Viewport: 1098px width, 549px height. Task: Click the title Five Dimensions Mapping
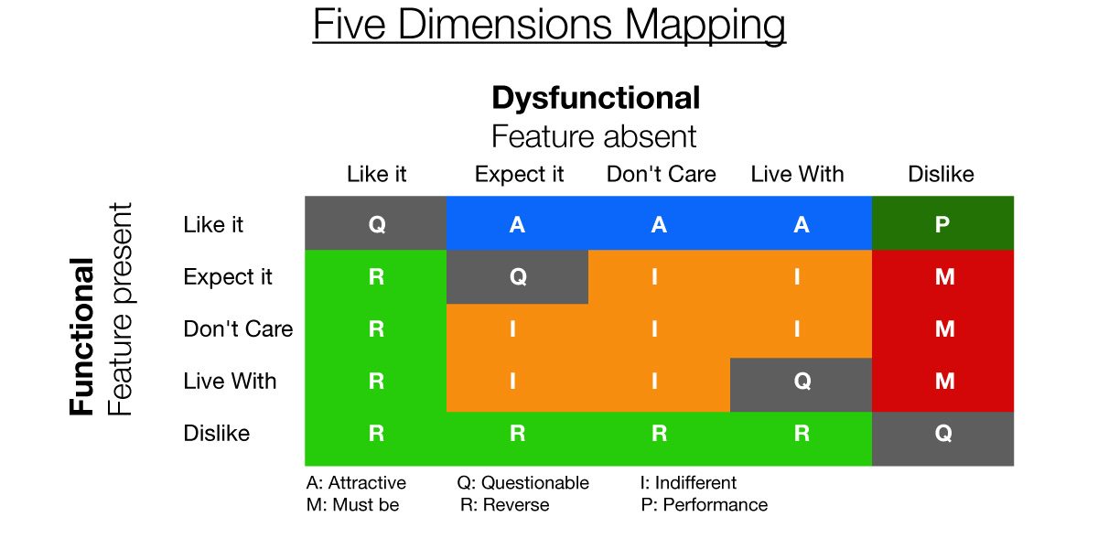point(549,25)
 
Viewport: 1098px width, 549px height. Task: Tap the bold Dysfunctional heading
point(596,98)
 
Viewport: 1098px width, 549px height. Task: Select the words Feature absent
point(594,136)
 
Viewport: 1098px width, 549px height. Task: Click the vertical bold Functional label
point(81,337)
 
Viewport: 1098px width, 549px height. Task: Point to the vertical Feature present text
point(120,309)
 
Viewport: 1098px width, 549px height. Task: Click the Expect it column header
point(519,175)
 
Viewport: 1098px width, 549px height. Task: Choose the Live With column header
point(798,174)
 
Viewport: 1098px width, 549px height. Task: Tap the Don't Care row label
point(238,328)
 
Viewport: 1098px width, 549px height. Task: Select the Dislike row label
point(217,433)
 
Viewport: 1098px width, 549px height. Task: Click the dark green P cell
point(942,223)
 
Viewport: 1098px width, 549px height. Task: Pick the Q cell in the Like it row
point(375,223)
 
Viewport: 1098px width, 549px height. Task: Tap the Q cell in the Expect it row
point(517,277)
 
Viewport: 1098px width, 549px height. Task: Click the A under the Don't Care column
point(659,224)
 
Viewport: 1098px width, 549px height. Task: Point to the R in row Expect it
point(376,277)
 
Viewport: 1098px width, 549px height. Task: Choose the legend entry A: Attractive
point(356,483)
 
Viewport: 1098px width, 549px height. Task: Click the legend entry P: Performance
point(705,504)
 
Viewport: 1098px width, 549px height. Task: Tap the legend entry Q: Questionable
point(523,483)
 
